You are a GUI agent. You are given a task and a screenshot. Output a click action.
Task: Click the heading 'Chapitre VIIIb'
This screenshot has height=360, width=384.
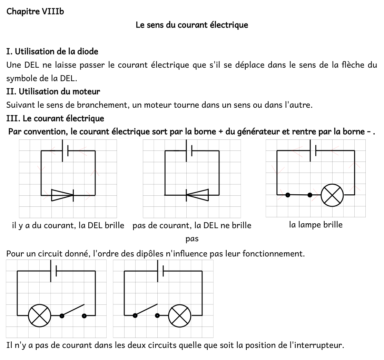[35, 11]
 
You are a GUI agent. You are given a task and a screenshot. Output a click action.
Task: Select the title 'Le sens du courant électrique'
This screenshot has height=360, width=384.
[192, 25]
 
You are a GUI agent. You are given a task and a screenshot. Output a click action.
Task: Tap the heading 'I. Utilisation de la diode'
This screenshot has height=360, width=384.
[52, 52]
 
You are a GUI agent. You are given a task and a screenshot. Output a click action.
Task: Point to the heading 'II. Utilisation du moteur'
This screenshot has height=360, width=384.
[53, 92]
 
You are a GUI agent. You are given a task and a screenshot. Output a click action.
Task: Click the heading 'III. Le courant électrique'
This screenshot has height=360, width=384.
[55, 119]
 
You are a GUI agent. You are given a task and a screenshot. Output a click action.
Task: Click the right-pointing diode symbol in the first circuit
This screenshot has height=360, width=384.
[62, 195]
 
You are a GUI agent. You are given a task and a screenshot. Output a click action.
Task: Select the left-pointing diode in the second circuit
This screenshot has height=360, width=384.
[197, 195]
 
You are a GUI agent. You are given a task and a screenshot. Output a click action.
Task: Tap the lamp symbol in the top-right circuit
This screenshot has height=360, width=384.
[332, 195]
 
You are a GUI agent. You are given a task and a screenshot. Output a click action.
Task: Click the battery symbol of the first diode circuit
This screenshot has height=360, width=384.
[65, 150]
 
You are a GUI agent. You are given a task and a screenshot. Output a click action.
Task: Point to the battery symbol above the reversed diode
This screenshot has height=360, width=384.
[189, 150]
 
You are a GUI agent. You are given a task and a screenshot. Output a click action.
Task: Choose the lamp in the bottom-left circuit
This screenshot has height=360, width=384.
[39, 315]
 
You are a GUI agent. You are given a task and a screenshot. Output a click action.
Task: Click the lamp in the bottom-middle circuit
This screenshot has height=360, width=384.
[180, 315]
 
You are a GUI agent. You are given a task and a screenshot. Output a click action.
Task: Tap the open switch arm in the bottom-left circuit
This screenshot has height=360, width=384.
[73, 310]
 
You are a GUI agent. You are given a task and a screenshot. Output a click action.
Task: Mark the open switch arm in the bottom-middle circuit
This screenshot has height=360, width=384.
[146, 310]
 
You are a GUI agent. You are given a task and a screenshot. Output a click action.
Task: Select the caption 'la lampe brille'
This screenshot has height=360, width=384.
[316, 225]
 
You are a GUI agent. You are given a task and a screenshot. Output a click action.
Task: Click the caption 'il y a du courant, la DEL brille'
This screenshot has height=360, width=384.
[68, 226]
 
